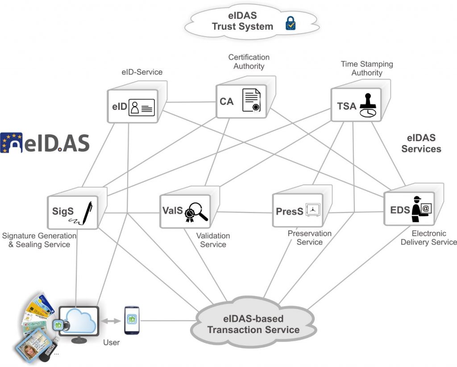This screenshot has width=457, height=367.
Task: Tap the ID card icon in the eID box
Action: coord(141,108)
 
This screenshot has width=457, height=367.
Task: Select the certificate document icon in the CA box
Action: coord(251,100)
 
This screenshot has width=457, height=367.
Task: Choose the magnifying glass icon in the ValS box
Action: coord(197,212)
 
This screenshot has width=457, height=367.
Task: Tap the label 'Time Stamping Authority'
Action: coord(367,68)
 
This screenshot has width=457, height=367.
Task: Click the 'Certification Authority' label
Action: coord(249,62)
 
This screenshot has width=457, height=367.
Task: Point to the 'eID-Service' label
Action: coord(142,72)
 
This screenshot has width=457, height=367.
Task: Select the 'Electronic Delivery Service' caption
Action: coord(428,238)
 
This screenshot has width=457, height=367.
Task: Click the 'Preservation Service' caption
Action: coord(309,238)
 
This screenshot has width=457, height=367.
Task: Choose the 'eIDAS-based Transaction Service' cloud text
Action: coord(253,325)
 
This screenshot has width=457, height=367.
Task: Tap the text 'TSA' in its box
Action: coord(347,106)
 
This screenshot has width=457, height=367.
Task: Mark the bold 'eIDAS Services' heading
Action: coord(421,143)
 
